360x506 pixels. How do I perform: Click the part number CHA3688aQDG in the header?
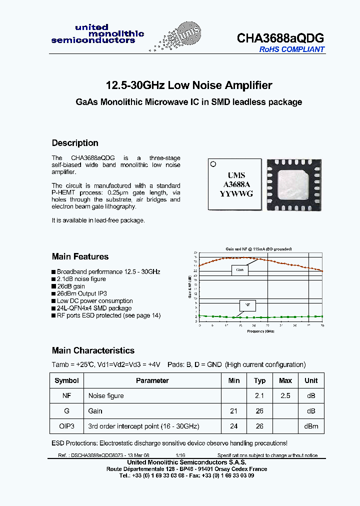click(x=280, y=38)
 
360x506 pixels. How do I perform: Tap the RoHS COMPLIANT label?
click(x=291, y=49)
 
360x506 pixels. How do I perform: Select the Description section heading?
click(x=75, y=143)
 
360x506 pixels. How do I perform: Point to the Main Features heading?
click(x=80, y=256)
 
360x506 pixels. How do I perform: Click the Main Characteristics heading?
click(x=93, y=350)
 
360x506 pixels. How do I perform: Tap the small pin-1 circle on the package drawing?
click(x=213, y=163)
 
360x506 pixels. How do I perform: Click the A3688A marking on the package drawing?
click(x=236, y=184)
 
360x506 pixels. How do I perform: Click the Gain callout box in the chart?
click(x=240, y=270)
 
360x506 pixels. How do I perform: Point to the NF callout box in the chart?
click(x=246, y=304)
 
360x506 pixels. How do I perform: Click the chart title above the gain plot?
click(x=258, y=249)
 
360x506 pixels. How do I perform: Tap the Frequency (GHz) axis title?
click(x=259, y=331)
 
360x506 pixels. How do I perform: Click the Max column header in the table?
click(x=285, y=380)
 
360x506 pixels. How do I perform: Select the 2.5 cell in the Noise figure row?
click(x=285, y=395)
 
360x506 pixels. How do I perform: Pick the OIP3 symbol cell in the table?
click(x=66, y=426)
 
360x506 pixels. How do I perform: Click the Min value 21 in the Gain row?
click(x=234, y=411)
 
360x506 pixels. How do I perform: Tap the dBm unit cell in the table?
click(x=311, y=426)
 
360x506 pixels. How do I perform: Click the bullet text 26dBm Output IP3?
click(x=81, y=293)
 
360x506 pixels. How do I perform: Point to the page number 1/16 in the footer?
click(x=180, y=455)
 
